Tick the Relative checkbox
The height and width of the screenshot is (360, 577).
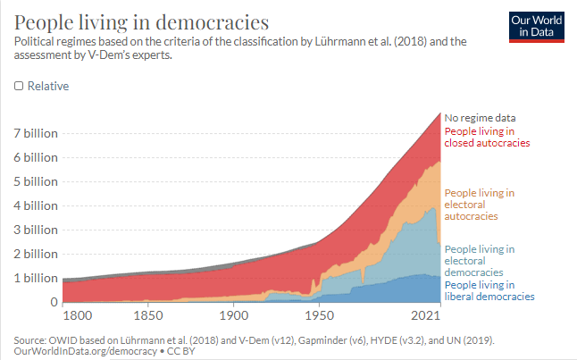pos(19,87)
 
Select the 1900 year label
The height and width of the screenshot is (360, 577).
pos(233,316)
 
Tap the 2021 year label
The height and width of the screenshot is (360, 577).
pos(429,316)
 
